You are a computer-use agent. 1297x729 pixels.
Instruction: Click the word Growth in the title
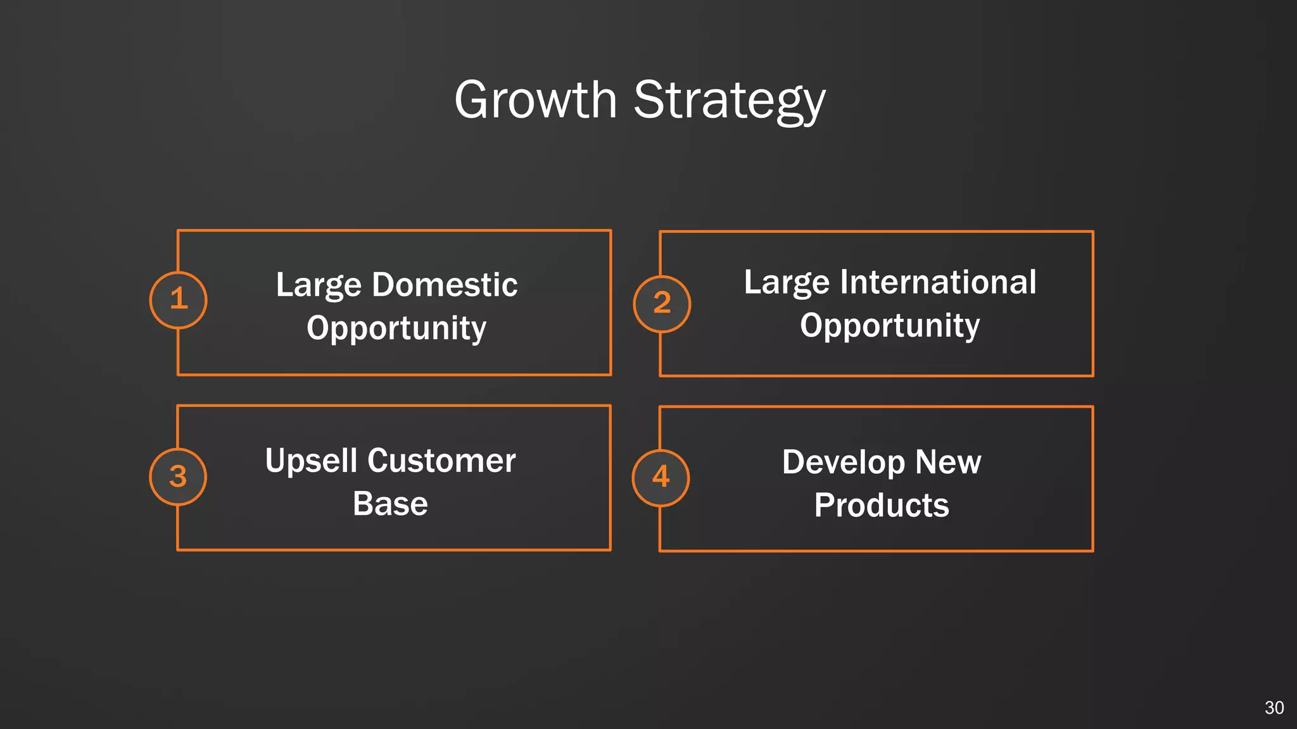[x=535, y=100]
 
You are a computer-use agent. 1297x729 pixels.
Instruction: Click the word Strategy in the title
[x=729, y=101]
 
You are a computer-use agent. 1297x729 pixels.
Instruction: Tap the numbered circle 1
[x=179, y=300]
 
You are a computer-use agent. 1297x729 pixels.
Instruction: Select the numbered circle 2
[x=662, y=304]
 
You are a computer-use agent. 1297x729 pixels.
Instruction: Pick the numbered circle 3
[x=178, y=477]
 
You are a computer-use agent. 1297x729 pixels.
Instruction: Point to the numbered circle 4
[x=661, y=478]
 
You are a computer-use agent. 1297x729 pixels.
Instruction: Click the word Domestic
[x=445, y=285]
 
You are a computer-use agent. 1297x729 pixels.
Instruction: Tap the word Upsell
[x=311, y=461]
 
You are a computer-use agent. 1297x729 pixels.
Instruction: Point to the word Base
[x=390, y=504]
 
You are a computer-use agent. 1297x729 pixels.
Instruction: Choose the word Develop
[x=843, y=463]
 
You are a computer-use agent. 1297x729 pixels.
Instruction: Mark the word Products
[x=882, y=506]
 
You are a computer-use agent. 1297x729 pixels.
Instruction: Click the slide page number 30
[x=1274, y=707]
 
